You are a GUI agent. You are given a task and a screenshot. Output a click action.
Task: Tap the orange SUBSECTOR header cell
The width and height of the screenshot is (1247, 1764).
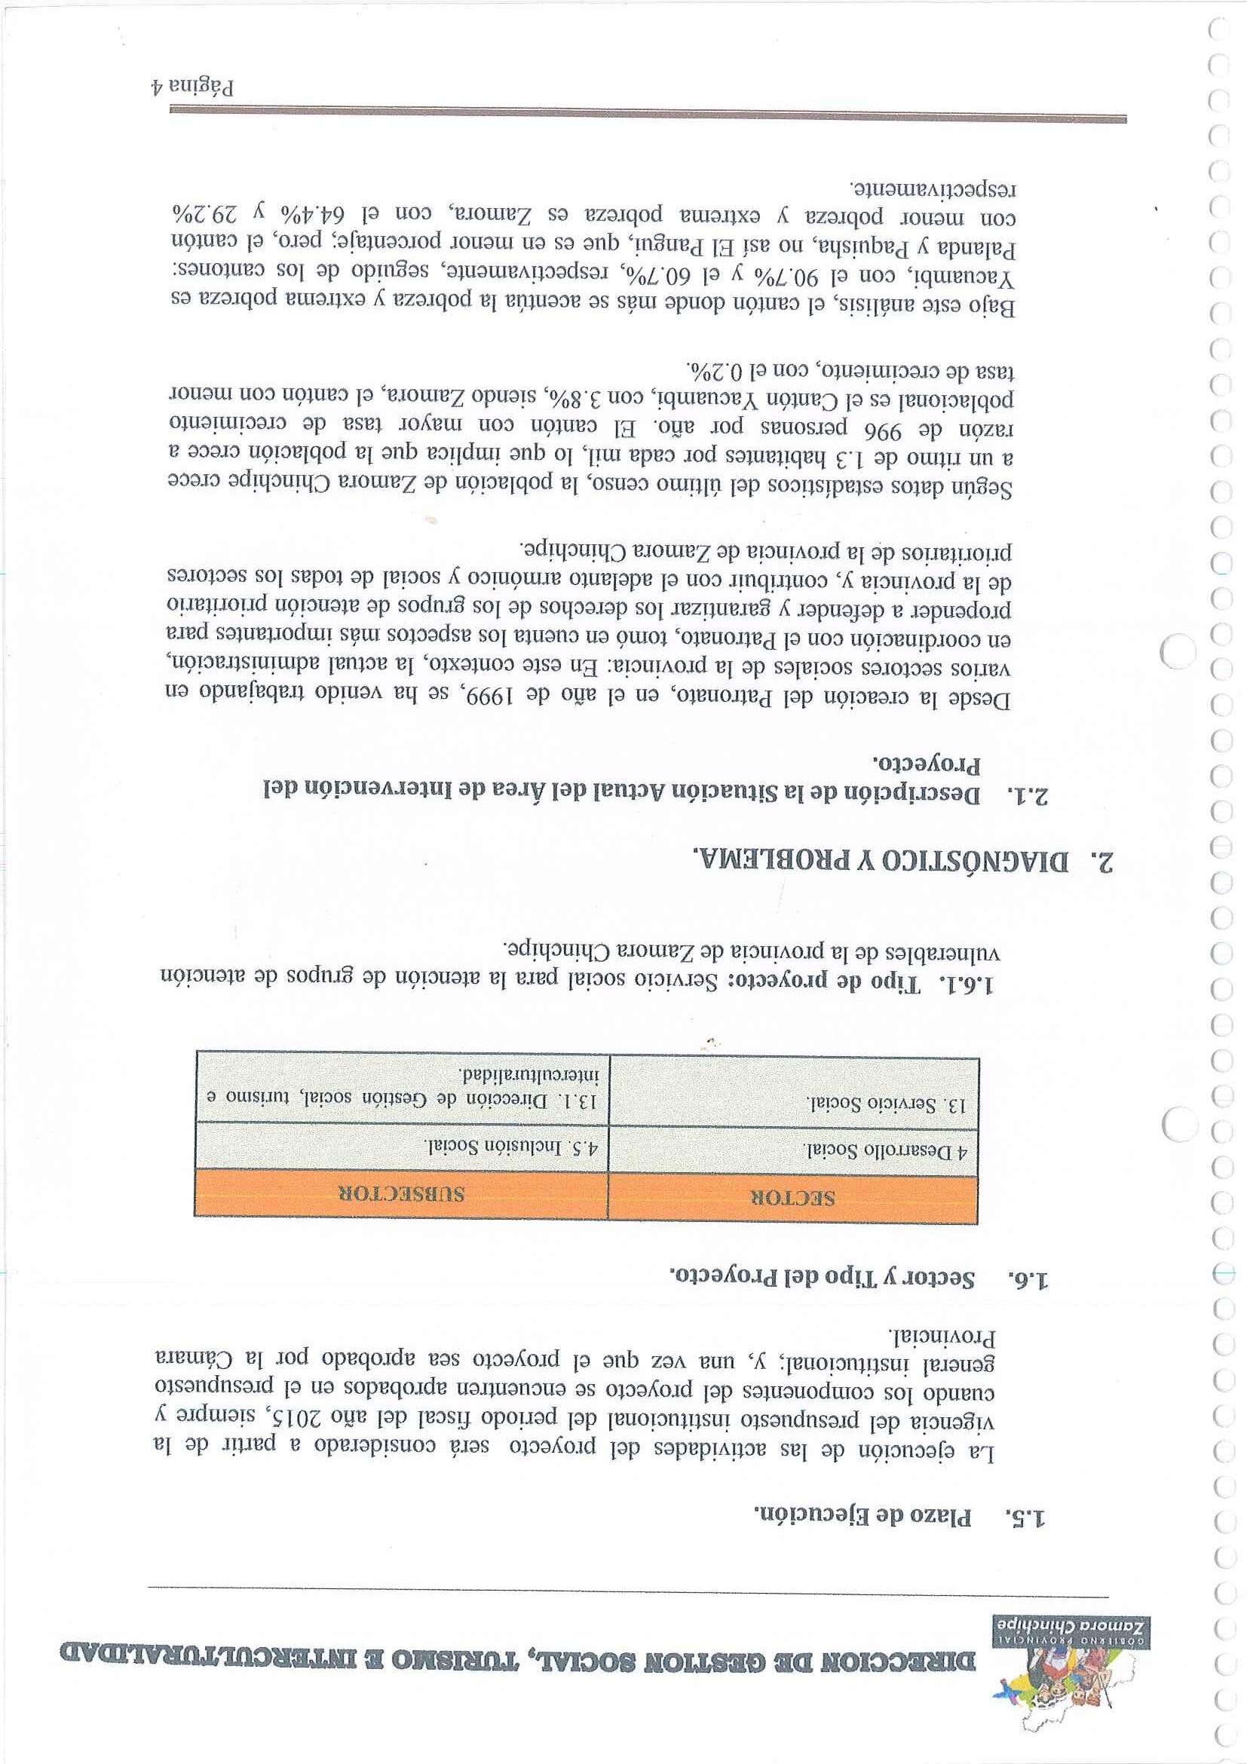pos(402,1196)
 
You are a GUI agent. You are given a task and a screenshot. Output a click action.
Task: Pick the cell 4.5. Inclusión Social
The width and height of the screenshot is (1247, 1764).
pos(513,1148)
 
